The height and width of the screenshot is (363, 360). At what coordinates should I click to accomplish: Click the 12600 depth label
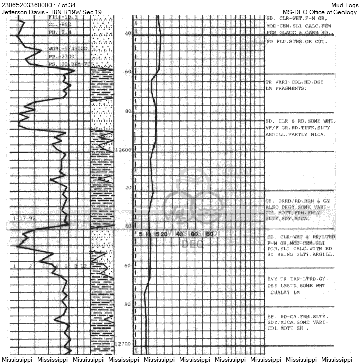coord(124,150)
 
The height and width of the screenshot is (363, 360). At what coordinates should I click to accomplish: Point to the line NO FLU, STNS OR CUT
coord(296,41)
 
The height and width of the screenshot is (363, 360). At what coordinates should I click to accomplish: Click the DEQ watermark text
coord(192,244)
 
